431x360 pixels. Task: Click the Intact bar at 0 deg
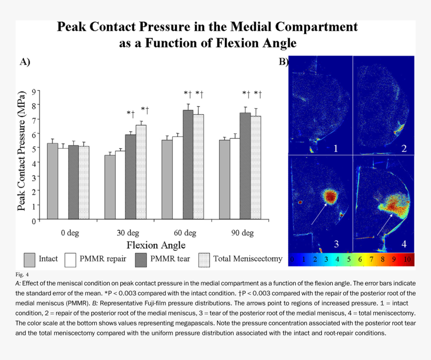click(52, 182)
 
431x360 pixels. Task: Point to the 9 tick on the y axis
click(35, 91)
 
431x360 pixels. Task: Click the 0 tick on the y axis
click(35, 221)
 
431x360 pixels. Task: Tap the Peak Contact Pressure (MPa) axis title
click(22, 152)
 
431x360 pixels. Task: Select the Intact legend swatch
click(29, 259)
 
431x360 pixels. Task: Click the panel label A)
click(25, 62)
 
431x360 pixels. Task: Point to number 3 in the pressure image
click(336, 244)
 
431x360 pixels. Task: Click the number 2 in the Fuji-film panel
click(404, 148)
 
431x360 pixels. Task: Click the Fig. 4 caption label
click(23, 275)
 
